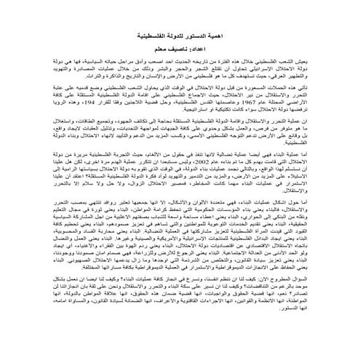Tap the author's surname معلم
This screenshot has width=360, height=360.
pos(162,52)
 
